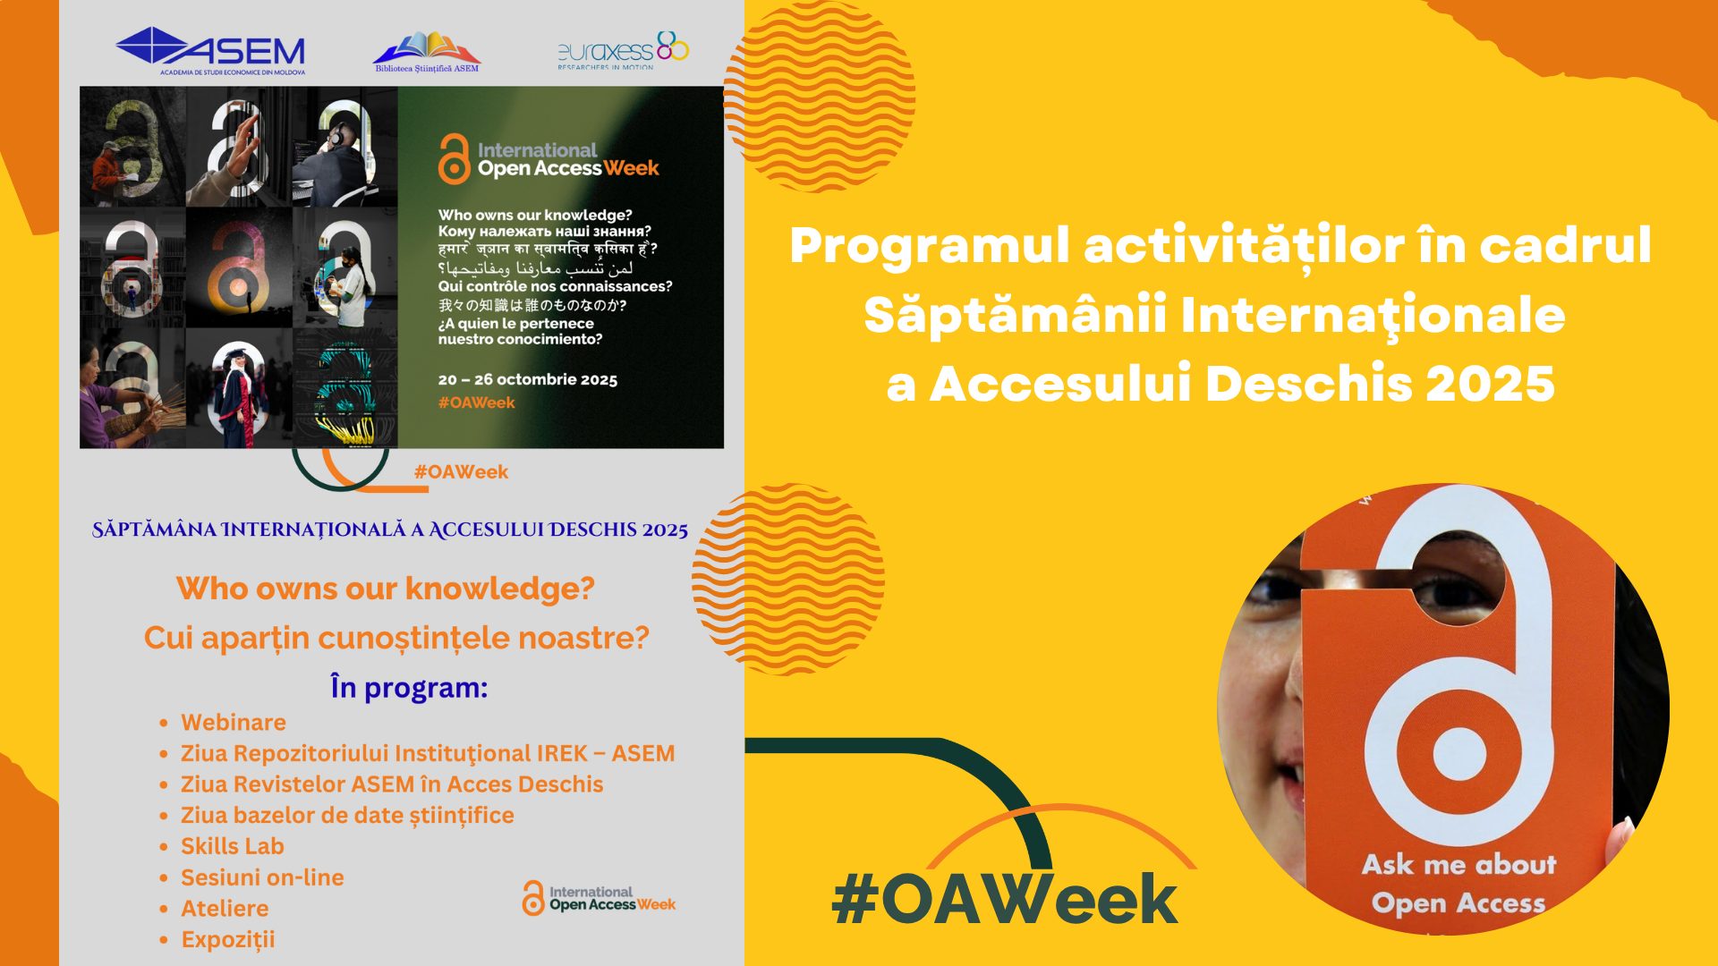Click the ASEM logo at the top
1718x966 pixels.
point(210,51)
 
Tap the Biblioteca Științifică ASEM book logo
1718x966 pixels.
point(427,52)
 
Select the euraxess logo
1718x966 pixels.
point(623,51)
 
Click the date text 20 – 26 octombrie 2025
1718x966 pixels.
point(528,379)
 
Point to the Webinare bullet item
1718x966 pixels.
point(234,722)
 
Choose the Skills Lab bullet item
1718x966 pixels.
point(233,845)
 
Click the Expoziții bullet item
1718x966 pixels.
point(228,939)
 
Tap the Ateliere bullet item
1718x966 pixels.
point(225,908)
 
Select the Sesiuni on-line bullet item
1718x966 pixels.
point(262,877)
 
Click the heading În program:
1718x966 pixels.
point(409,687)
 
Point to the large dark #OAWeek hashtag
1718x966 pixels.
point(1004,899)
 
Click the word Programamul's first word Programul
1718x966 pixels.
point(930,245)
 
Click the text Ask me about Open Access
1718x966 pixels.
point(1459,884)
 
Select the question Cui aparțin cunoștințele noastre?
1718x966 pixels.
point(396,638)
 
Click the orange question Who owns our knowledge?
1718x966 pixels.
point(386,589)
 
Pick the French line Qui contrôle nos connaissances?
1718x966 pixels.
point(555,286)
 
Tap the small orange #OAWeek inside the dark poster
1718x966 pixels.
point(476,402)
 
